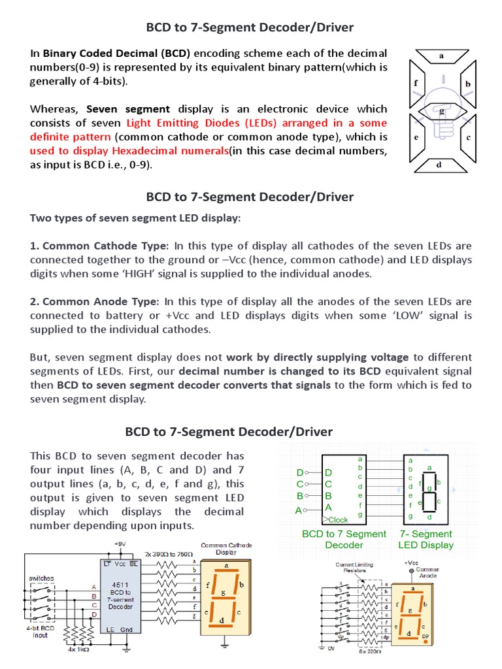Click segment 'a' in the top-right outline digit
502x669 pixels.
[x=441, y=56]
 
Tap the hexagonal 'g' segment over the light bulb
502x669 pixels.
[x=443, y=111]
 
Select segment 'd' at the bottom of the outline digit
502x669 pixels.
[x=439, y=165]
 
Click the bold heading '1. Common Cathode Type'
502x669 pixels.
[x=99, y=246]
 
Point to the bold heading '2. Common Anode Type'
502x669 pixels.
[x=94, y=301]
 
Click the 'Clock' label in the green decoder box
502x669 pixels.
[x=338, y=520]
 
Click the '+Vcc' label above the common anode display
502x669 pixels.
[x=411, y=563]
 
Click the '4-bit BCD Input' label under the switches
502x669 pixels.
[x=41, y=631]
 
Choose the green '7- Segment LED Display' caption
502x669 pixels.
[x=426, y=539]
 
